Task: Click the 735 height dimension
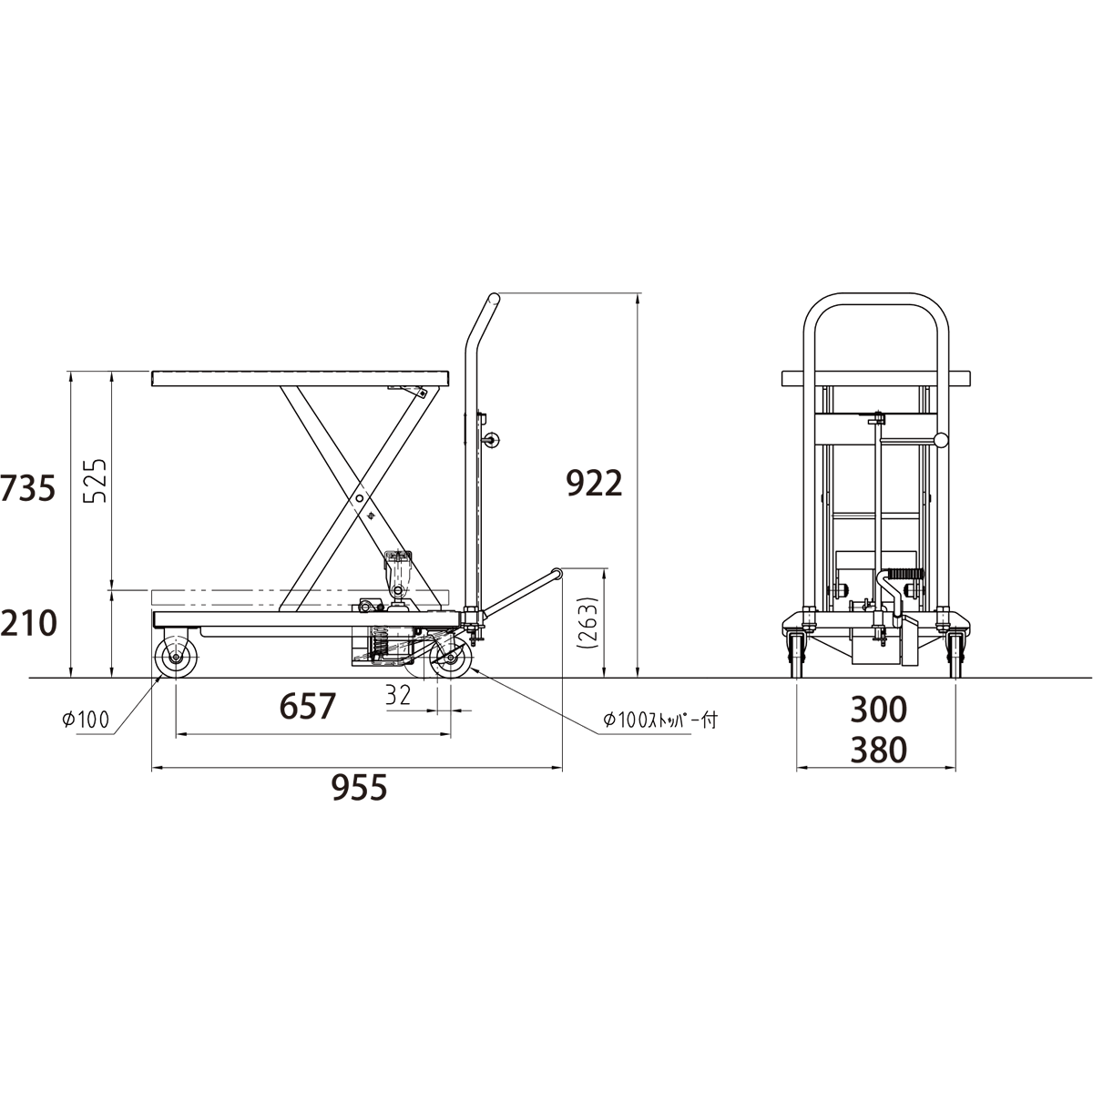28,488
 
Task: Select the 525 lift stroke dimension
95,481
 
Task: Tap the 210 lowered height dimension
28,623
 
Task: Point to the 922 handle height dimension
595,484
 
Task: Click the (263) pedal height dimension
590,623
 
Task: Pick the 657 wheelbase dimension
308,707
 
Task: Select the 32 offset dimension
398,696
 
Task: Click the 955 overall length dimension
360,787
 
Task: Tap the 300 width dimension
879,710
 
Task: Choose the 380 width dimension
879,750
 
